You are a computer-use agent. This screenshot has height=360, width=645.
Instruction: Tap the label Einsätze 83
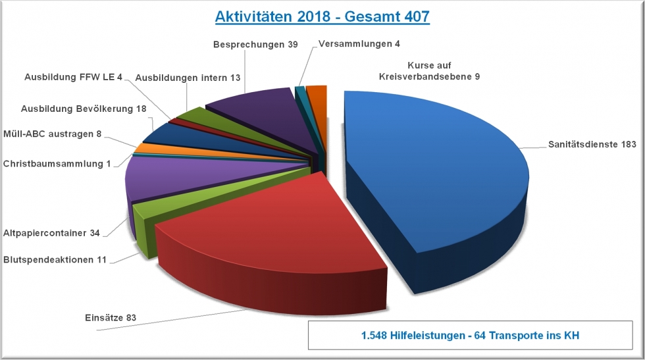[111, 318]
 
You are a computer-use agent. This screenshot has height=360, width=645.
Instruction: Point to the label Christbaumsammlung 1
[57, 163]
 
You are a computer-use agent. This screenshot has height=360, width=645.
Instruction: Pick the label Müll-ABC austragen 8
[53, 134]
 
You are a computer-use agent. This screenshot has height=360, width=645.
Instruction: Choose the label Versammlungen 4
[359, 44]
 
